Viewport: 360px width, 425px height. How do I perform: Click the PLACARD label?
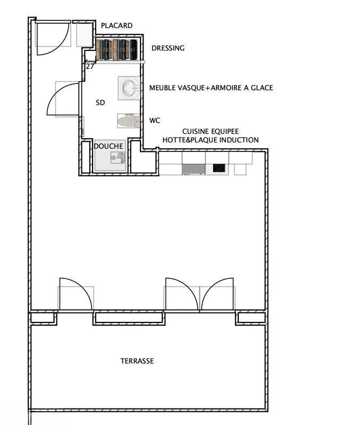pos(116,25)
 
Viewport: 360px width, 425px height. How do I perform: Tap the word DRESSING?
pos(168,48)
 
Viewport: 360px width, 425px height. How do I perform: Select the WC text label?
pos(155,121)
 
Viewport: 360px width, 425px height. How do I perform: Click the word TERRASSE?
pos(137,361)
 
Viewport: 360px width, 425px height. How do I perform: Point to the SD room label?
pos(100,103)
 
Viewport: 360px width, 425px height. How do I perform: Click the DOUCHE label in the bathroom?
pos(108,146)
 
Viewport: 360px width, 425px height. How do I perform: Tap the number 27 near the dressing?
pos(90,66)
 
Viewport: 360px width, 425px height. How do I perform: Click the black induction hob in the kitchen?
pos(219,168)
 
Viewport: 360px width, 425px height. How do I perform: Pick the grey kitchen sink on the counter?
pos(193,169)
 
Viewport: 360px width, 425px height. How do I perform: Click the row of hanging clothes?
pos(116,50)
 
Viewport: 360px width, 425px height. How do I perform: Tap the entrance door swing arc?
pos(53,38)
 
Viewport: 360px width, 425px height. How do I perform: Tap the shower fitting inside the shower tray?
pos(117,157)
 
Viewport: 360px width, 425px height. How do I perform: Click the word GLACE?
pos(262,88)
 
